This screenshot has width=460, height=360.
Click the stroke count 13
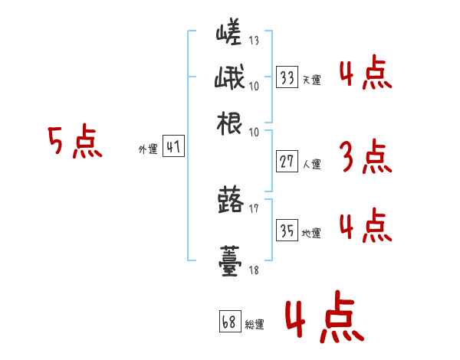click(x=254, y=41)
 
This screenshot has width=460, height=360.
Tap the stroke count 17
click(x=254, y=207)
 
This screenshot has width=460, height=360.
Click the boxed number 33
click(x=287, y=78)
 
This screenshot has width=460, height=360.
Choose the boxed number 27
click(x=287, y=161)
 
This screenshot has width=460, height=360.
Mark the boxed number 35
click(x=287, y=231)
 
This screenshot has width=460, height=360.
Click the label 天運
click(x=311, y=80)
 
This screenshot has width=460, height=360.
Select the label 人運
click(x=311, y=162)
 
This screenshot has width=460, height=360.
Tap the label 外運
click(x=148, y=149)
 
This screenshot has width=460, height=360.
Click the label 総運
click(x=255, y=323)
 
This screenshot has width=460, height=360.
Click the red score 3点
click(x=365, y=158)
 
